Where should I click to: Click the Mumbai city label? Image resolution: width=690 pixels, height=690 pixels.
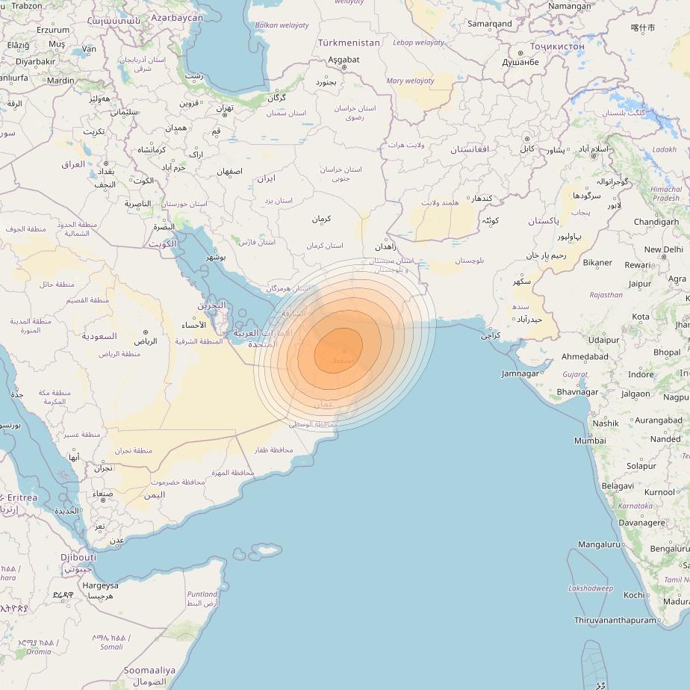(590, 441)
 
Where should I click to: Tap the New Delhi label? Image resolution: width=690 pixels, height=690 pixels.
(663, 250)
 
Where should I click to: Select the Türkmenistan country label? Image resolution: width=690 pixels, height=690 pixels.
(349, 43)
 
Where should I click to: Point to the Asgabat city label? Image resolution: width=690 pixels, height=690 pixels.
(344, 60)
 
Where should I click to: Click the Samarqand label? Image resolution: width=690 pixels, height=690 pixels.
(490, 24)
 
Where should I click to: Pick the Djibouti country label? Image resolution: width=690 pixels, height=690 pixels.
(78, 557)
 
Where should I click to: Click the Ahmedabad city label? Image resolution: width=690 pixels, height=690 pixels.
(585, 357)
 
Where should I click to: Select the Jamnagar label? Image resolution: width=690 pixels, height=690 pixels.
(520, 373)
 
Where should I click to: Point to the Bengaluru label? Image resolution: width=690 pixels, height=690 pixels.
(669, 549)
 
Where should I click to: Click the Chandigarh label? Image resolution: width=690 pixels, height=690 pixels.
(656, 222)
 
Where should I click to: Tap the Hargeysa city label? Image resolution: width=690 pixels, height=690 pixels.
(100, 585)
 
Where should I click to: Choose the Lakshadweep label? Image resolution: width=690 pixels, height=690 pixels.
(590, 588)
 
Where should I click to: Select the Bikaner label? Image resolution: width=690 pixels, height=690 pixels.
(597, 263)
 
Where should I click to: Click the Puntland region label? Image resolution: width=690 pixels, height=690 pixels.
(202, 594)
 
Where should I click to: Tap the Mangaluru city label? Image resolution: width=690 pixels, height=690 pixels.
(600, 544)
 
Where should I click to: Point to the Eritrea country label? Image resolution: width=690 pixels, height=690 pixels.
(18, 498)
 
